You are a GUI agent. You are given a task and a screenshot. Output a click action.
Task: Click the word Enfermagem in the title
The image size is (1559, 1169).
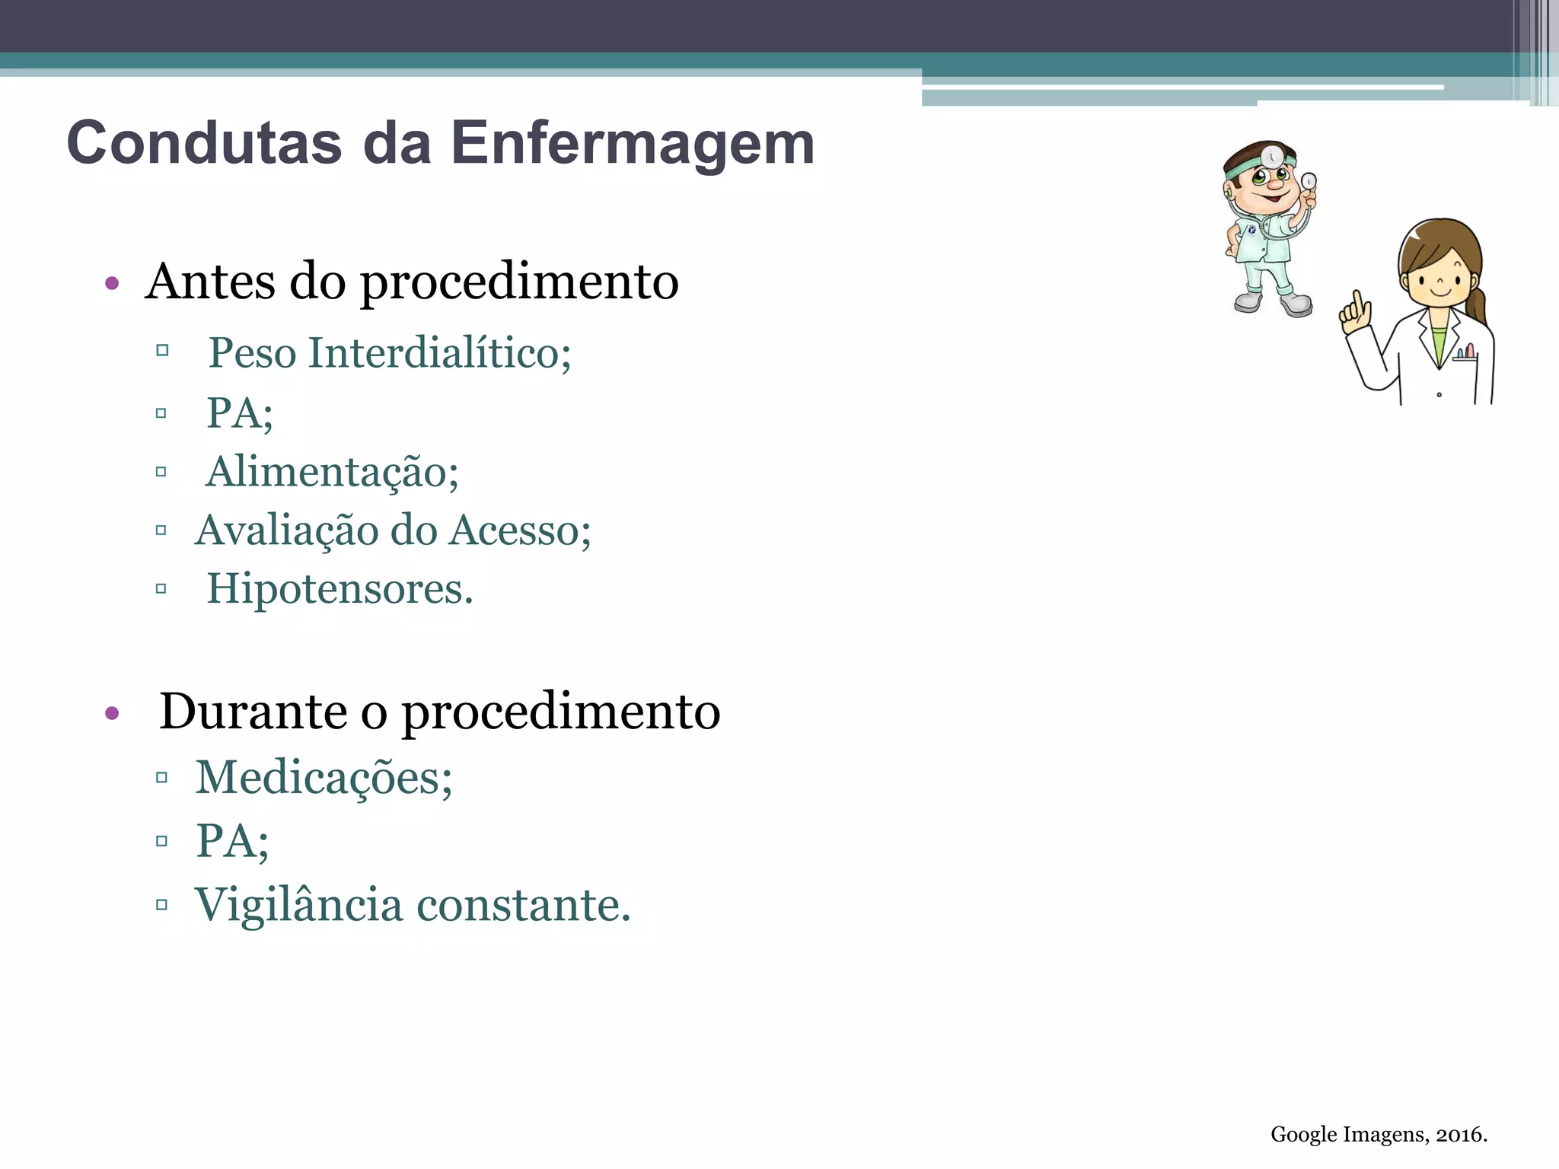tap(633, 143)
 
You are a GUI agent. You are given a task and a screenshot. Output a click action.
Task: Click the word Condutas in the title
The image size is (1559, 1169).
tap(204, 143)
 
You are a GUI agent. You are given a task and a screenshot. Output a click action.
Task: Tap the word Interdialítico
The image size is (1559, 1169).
tap(439, 353)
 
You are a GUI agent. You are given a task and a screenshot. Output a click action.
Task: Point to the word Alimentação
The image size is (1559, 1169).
tap(333, 472)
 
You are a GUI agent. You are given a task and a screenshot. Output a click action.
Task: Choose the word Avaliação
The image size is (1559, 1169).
tap(286, 530)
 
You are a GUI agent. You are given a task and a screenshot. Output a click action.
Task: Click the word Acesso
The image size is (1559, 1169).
tap(520, 530)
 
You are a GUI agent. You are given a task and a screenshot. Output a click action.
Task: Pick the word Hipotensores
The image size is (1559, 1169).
tap(340, 589)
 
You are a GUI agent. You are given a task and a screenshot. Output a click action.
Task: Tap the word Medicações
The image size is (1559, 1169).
tap(324, 778)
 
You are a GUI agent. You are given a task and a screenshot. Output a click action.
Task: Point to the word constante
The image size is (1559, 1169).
tap(524, 905)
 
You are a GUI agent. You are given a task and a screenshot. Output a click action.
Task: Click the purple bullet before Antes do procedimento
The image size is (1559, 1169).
tap(113, 284)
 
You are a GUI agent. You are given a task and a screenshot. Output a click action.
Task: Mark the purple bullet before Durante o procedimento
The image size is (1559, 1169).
tap(113, 714)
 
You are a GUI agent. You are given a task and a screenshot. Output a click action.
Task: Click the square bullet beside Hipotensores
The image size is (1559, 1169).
tap(161, 588)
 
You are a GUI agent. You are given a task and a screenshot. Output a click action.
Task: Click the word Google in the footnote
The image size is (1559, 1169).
tap(1303, 1135)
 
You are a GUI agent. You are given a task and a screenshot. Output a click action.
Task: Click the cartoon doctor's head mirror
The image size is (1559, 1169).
tap(1271, 157)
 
